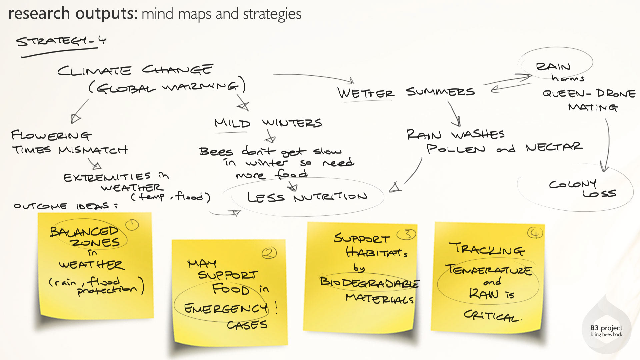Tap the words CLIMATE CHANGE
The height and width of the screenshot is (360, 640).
tap(135, 70)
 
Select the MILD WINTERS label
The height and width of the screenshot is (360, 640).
tap(268, 123)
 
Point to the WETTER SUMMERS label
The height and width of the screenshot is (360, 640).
tap(406, 92)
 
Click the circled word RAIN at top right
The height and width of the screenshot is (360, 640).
tap(553, 66)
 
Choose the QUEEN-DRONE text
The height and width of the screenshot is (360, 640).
tap(589, 93)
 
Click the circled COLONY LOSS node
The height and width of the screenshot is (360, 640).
tap(582, 188)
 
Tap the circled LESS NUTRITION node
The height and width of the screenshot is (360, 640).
tap(307, 197)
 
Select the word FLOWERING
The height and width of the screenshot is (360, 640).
tap(51, 135)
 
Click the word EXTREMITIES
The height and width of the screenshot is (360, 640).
tap(107, 177)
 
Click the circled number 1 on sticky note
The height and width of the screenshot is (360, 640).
tap(132, 225)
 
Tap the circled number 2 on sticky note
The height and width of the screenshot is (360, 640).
tap(269, 253)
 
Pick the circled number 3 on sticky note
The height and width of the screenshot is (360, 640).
tap(407, 234)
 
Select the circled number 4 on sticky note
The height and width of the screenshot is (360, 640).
tap(535, 233)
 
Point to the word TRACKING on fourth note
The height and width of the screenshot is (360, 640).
tap(487, 249)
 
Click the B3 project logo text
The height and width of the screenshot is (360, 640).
tap(606, 331)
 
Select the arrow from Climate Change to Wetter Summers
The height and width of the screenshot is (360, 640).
tap(313, 77)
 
